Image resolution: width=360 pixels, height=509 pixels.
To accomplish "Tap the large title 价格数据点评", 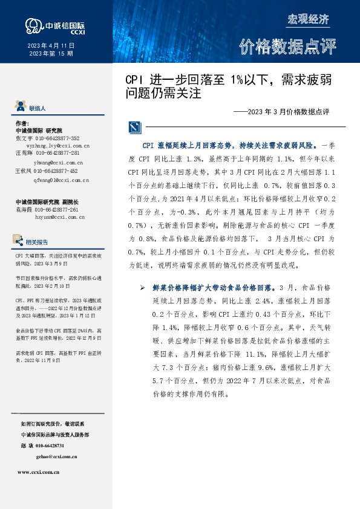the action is click(x=287, y=47).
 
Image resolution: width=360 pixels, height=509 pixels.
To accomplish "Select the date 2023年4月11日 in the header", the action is click(x=51, y=46).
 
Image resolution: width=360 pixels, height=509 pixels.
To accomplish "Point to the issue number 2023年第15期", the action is click(x=51, y=54).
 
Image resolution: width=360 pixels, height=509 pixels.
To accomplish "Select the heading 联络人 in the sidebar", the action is click(x=38, y=108).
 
